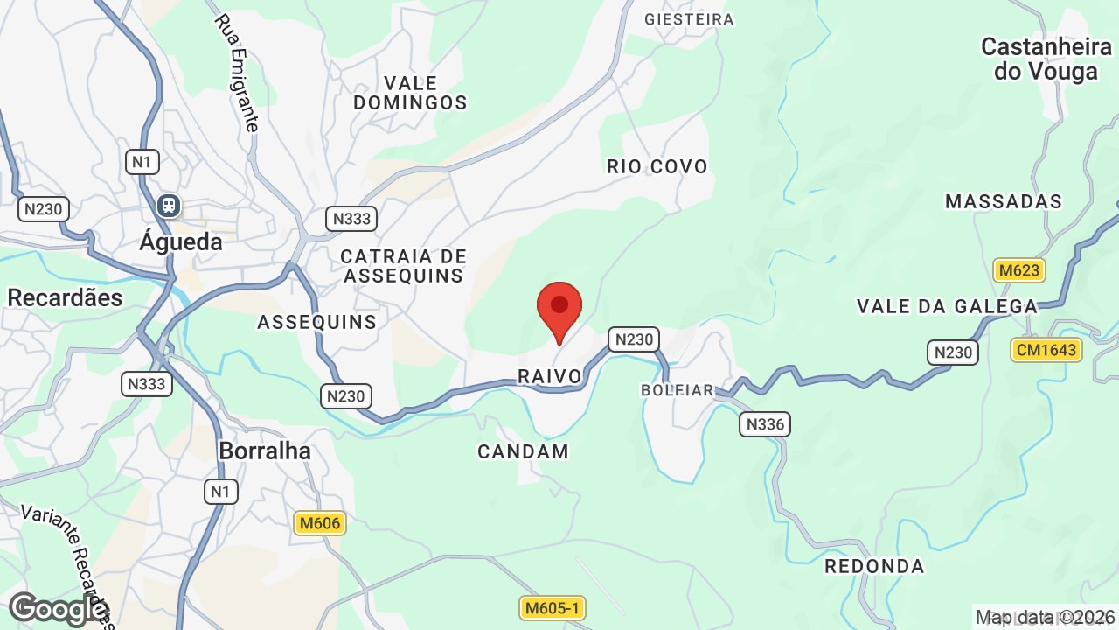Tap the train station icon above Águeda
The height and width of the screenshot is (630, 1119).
click(x=168, y=206)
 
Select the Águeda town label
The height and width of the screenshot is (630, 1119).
click(x=181, y=241)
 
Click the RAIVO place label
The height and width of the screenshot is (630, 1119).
click(x=550, y=376)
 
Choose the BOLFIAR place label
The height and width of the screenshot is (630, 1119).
click(x=678, y=390)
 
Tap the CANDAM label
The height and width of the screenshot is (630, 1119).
click(x=523, y=451)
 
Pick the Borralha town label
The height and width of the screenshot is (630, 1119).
click(x=265, y=451)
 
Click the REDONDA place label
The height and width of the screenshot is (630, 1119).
click(x=874, y=566)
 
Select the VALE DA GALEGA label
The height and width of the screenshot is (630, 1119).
click(x=947, y=306)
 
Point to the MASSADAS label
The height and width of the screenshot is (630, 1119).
click(x=1004, y=201)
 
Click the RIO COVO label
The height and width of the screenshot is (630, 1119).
click(x=657, y=166)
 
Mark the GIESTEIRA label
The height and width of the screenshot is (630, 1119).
click(x=689, y=18)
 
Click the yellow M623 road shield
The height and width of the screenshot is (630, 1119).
click(x=1019, y=270)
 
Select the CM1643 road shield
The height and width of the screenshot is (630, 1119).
click(x=1047, y=351)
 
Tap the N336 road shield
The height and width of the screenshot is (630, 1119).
click(x=765, y=425)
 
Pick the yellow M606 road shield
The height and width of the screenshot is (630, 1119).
click(x=320, y=524)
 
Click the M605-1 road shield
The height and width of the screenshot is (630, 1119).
click(x=553, y=608)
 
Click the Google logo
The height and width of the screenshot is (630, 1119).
click(x=54, y=609)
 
